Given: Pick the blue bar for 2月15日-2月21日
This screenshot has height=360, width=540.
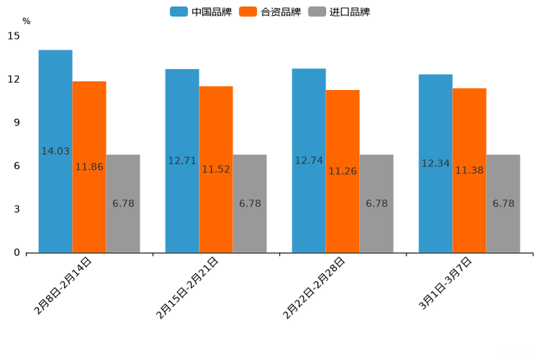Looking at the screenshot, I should [182, 160].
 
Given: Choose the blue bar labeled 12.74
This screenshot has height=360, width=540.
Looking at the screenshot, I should [308, 160].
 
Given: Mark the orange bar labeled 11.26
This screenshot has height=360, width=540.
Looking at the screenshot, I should [343, 171].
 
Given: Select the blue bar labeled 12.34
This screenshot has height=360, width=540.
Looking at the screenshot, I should [435, 163].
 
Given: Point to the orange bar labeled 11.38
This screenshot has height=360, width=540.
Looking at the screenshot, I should [469, 171].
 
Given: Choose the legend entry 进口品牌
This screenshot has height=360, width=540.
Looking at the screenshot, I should [340, 12].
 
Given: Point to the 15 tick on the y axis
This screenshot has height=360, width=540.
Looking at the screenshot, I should [14, 36].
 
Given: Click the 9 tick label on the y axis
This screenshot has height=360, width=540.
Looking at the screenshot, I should [17, 123].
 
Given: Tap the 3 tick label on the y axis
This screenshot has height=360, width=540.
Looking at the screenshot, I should [17, 209].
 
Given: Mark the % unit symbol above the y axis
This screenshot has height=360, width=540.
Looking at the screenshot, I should [26, 21].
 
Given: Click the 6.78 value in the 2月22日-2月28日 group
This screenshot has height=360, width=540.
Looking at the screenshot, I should [377, 204].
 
